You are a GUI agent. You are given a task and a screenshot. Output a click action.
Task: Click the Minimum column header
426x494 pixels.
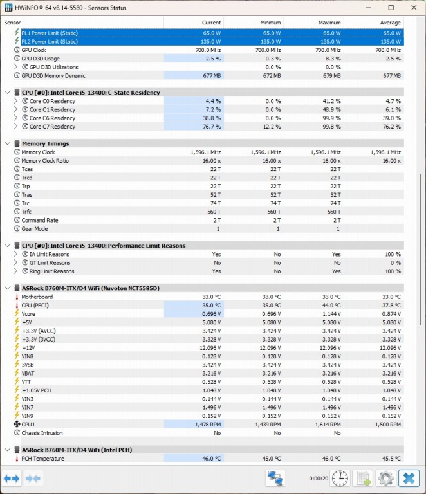(x=270, y=23)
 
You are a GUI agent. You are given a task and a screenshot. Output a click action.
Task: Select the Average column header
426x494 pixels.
(x=390, y=23)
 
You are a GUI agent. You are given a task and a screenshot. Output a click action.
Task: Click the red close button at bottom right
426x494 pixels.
(x=409, y=479)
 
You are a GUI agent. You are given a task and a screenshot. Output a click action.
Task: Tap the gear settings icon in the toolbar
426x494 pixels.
(x=385, y=479)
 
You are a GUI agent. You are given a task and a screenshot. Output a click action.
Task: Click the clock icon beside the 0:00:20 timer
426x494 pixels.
(x=340, y=479)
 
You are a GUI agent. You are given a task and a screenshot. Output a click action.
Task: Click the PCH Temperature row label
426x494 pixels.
(x=42, y=459)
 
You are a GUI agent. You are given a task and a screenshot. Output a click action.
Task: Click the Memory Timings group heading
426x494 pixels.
(x=45, y=143)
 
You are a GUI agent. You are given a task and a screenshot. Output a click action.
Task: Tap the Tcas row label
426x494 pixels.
(x=28, y=169)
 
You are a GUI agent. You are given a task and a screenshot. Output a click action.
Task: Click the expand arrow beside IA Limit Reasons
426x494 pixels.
(x=16, y=254)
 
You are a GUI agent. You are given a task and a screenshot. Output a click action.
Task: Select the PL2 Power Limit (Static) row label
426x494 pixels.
(x=59, y=42)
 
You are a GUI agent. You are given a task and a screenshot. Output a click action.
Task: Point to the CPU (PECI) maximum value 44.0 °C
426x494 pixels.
(x=330, y=306)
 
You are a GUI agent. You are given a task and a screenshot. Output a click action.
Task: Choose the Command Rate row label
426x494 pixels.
(x=40, y=220)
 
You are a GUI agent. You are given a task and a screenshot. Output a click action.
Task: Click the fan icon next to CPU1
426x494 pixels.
(x=17, y=425)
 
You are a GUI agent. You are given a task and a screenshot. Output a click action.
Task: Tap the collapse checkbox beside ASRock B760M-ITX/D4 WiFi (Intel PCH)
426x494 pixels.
(x=8, y=450)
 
